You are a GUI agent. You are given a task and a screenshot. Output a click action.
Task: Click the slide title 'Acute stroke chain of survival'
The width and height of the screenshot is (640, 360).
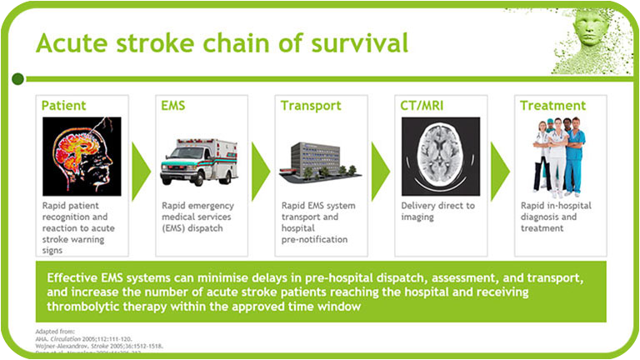(222, 42)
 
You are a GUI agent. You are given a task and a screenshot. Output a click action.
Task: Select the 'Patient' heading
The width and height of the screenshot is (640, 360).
(64, 106)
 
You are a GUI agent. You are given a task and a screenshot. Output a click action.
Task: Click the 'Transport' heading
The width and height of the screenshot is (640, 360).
(311, 106)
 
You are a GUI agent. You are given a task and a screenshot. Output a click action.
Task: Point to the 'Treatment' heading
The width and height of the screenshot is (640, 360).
(552, 106)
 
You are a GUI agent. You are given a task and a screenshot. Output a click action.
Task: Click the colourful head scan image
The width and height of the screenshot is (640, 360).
(82, 156)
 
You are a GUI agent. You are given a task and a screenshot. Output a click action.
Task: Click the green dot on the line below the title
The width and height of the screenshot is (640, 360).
(17, 78)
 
